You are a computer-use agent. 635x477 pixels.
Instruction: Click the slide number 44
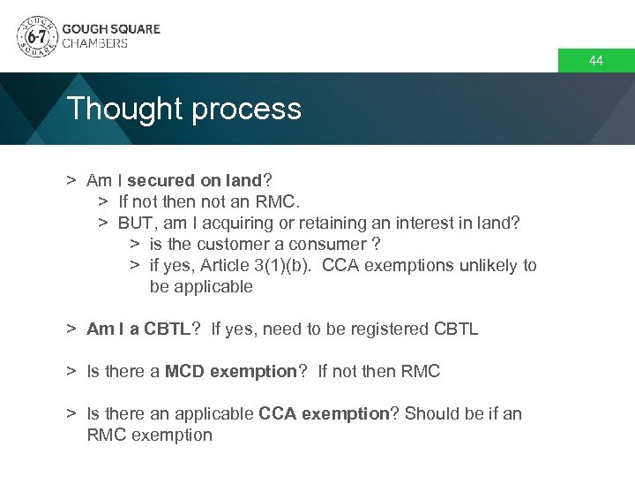point(596,61)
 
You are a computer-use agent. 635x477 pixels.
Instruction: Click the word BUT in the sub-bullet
point(138,223)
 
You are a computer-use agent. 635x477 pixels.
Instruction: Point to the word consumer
point(328,244)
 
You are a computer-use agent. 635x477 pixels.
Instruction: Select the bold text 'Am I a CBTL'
point(138,329)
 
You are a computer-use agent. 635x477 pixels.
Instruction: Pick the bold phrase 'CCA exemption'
point(324,413)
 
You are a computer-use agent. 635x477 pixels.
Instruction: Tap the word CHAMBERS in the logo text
point(94,43)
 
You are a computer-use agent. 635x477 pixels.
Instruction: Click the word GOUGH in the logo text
point(82,28)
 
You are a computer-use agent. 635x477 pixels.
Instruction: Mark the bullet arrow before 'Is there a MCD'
point(71,371)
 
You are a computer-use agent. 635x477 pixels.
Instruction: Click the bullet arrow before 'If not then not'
point(102,201)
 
